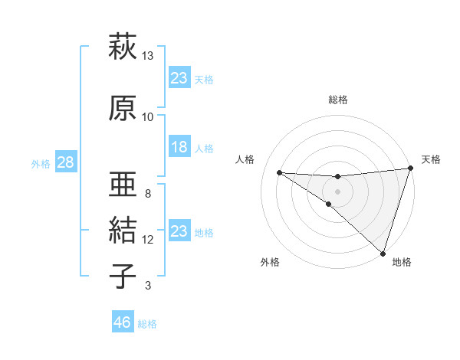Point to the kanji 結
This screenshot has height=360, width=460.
123,229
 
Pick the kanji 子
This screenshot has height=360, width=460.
123,275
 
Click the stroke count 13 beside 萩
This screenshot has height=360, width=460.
148,56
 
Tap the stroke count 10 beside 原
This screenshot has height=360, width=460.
148,117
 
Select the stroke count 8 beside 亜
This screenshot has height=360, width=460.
148,193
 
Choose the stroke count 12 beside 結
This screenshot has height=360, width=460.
148,240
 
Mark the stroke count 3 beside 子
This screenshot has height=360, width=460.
148,286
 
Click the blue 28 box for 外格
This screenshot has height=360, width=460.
64,162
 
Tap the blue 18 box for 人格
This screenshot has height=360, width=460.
179,148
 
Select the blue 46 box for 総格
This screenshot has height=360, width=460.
122,322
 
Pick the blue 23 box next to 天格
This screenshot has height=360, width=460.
179,77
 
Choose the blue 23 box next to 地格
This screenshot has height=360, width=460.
179,231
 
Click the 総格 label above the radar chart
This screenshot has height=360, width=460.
338,100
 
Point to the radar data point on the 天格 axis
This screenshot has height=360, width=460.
410,169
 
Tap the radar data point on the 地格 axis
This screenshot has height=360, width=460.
383,253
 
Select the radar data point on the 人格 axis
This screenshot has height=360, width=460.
279,172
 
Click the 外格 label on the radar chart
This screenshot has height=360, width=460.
270,262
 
